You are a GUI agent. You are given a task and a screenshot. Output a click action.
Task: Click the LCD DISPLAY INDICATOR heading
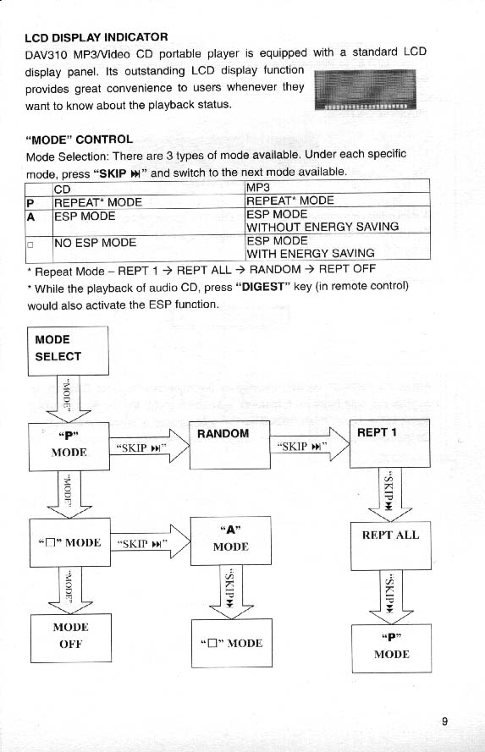96,37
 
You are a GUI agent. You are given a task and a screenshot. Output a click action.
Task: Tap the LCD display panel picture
365,90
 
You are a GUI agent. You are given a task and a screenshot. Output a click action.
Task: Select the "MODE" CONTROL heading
80,140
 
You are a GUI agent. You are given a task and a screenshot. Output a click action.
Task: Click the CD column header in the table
63,189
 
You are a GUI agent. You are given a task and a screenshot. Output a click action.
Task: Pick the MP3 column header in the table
258,187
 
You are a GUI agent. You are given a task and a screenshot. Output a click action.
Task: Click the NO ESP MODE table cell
95,243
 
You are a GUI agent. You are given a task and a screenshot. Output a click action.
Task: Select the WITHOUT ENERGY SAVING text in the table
322,227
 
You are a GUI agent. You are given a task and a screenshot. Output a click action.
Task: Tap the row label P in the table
30,203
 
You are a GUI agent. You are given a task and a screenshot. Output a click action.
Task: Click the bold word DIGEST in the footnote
263,287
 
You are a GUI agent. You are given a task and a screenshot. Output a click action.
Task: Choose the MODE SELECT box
68,351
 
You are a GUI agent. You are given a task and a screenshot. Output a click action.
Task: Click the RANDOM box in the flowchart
229,445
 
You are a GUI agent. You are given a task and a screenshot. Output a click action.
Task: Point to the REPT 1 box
389,443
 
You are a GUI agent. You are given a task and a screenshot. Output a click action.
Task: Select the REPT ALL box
391,546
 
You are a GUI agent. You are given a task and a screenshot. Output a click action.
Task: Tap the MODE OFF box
71,638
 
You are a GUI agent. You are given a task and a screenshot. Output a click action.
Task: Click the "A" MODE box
231,541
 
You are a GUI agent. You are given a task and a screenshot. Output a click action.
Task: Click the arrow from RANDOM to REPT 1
310,445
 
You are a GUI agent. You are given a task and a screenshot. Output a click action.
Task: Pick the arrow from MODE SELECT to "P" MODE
68,399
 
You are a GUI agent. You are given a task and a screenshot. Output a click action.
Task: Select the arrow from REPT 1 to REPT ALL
390,495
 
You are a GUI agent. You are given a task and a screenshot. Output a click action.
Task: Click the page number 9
444,722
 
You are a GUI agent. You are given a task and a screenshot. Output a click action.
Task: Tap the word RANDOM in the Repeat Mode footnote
275,270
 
